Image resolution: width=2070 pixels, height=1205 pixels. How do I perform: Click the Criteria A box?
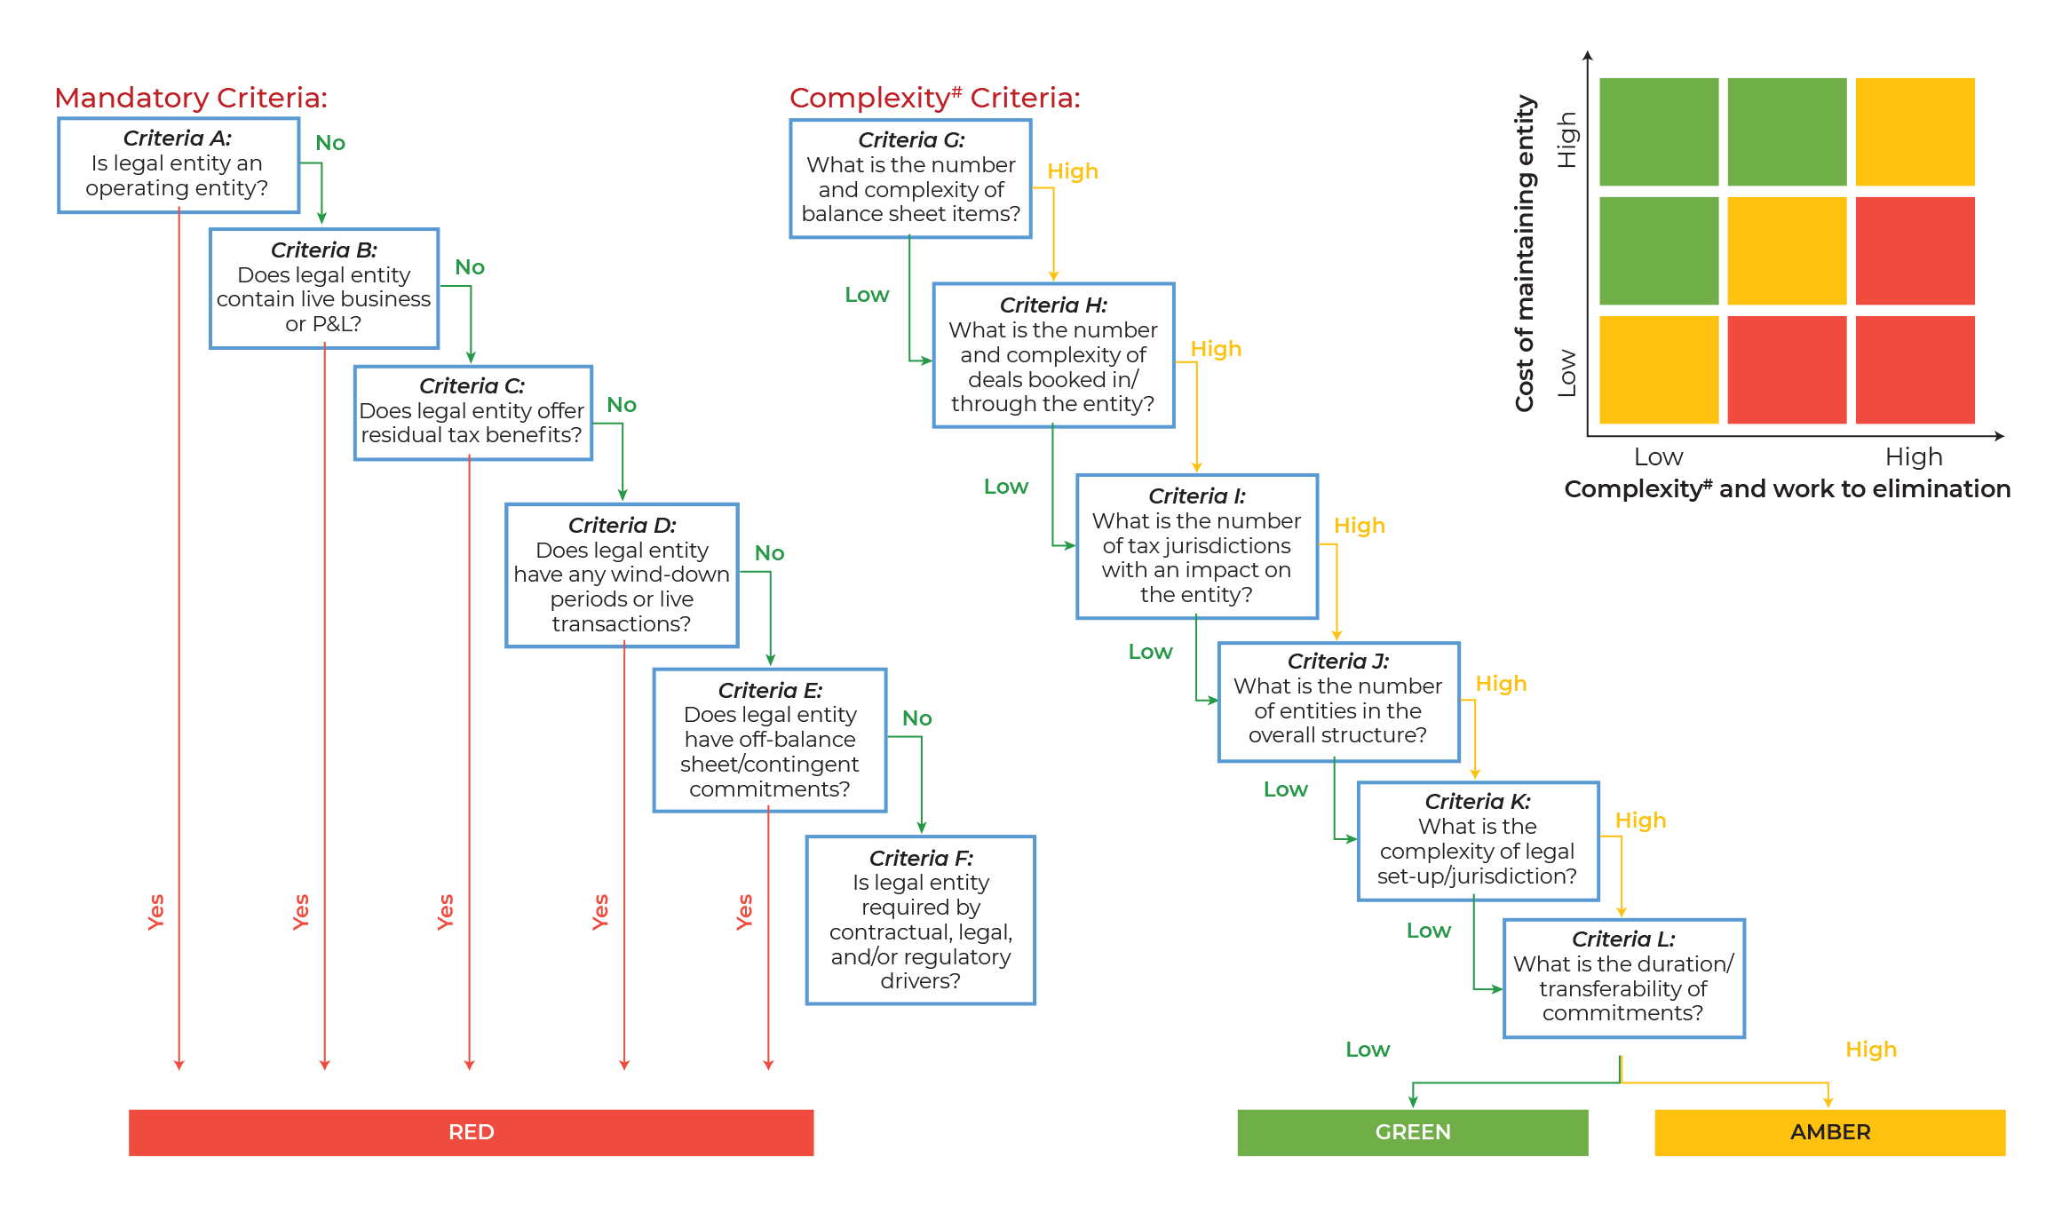tap(178, 165)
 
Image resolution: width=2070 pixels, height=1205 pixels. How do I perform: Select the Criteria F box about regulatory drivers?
tap(921, 920)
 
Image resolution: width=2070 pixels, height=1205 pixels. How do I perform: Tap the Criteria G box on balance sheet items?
tap(911, 178)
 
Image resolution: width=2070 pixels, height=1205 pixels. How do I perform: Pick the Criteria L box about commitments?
tap(1624, 978)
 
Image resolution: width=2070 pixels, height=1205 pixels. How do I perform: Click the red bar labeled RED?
tap(471, 1132)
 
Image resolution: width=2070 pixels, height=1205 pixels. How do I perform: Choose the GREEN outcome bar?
tap(1413, 1132)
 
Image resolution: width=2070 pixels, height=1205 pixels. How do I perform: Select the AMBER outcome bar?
tap(1830, 1132)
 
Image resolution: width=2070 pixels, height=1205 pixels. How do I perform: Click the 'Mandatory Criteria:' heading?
tap(191, 98)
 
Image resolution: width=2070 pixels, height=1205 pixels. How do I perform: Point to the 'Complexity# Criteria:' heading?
tap(935, 98)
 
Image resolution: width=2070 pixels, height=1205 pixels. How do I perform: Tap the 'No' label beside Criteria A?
tap(330, 143)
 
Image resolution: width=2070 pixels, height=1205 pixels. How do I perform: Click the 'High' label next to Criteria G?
tap(1073, 171)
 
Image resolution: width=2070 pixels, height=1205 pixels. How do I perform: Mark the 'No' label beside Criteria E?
tap(917, 718)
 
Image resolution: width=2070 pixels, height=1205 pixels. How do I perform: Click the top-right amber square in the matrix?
tap(1915, 131)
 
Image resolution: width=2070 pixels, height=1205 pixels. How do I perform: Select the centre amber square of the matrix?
tap(1787, 250)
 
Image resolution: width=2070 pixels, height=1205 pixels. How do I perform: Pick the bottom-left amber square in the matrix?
tap(1659, 369)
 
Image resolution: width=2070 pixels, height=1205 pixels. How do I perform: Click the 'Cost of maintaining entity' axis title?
tap(1525, 253)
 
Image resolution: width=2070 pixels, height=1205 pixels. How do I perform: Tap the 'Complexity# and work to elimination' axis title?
tap(1787, 489)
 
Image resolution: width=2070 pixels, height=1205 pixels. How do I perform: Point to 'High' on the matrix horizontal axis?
tap(1914, 456)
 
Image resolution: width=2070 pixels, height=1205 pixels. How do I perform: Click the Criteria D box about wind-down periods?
tap(622, 575)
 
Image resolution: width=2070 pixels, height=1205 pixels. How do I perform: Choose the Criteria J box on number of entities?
tap(1338, 702)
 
